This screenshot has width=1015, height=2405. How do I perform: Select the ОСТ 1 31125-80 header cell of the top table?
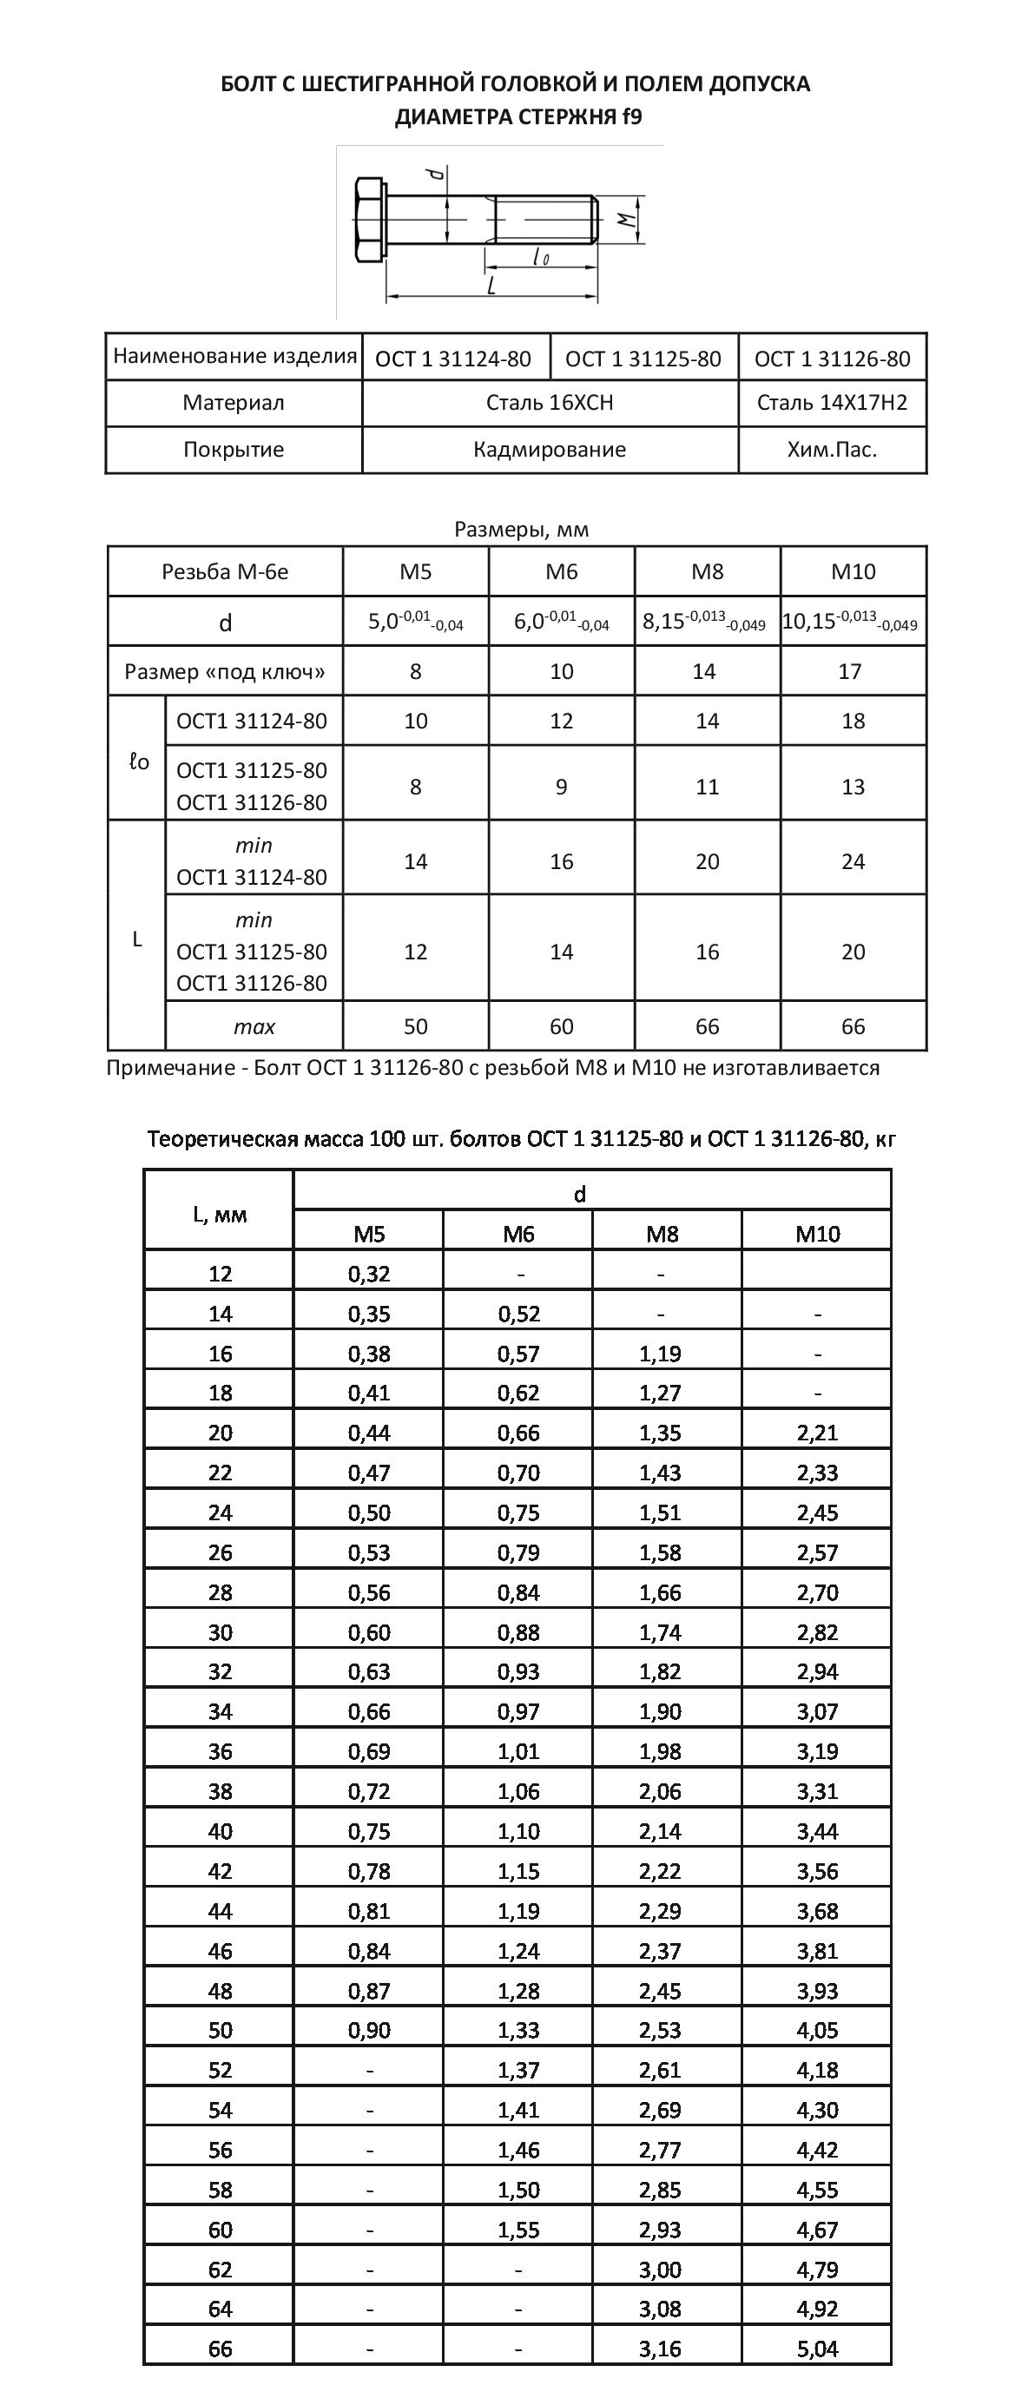pyautogui.click(x=643, y=359)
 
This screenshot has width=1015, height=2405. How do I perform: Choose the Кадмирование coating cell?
pyautogui.click(x=549, y=449)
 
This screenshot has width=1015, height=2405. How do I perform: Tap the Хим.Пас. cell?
pyautogui.click(x=832, y=449)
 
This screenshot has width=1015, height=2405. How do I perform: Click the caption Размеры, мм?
pyautogui.click(x=521, y=530)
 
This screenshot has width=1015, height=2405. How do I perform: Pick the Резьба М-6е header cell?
pyautogui.click(x=225, y=571)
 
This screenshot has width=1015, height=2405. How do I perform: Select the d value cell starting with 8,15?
pyautogui.click(x=706, y=622)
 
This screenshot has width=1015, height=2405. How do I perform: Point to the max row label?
pyautogui.click(x=254, y=1027)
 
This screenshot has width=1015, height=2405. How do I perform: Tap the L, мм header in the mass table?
pyautogui.click(x=220, y=1214)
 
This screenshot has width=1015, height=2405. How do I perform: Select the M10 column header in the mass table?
pyautogui.click(x=817, y=1235)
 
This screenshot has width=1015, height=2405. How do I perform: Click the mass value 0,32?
pyautogui.click(x=369, y=1274)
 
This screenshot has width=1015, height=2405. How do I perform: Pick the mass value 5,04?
pyautogui.click(x=817, y=2348)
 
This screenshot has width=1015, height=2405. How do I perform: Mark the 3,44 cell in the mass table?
pyautogui.click(x=817, y=1831)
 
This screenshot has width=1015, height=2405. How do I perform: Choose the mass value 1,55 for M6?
pyautogui.click(x=518, y=2230)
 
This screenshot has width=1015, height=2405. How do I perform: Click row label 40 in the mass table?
pyautogui.click(x=220, y=1831)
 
